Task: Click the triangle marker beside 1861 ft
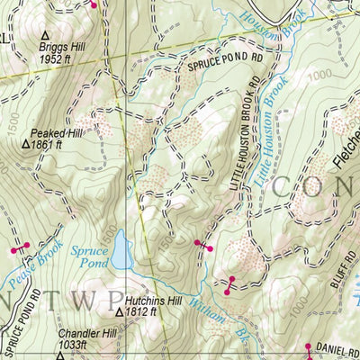25,142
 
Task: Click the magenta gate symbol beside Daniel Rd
309,347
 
